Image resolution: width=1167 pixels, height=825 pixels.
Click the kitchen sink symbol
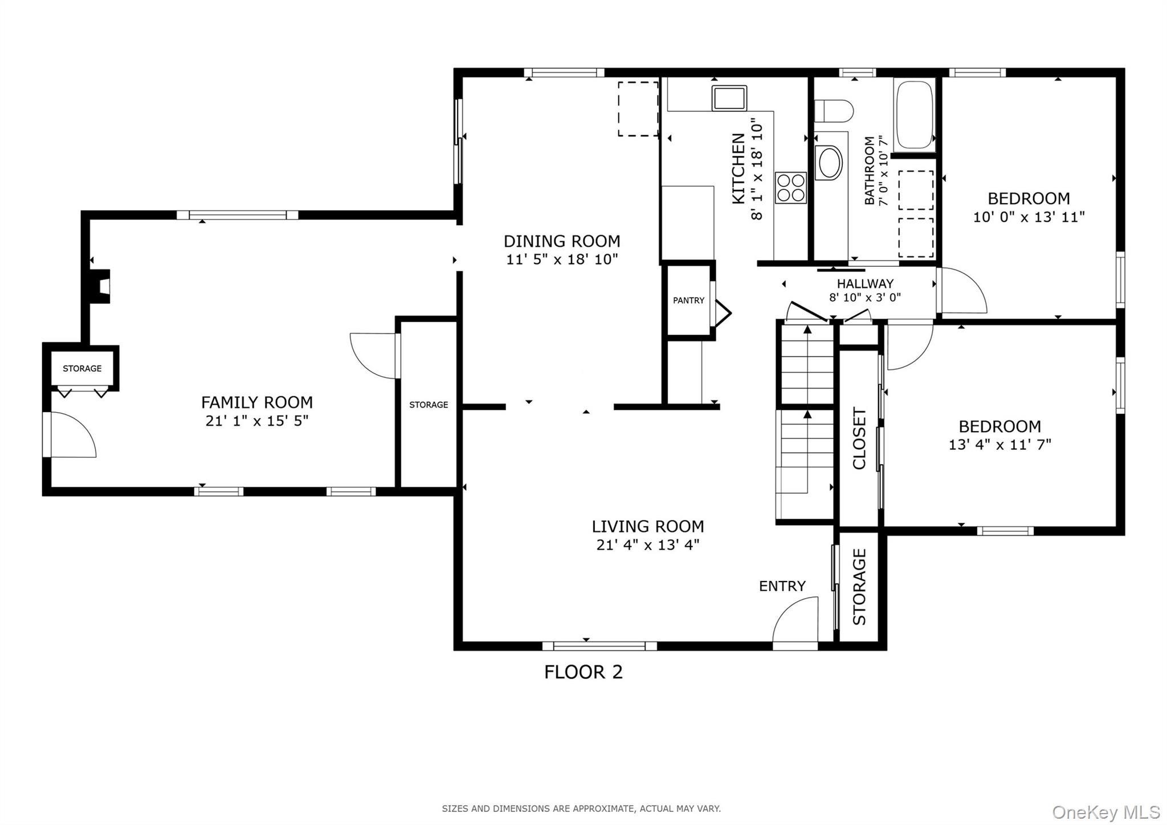point(729,98)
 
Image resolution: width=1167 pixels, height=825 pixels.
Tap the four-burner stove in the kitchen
point(791,188)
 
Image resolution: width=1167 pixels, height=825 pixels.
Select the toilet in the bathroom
point(833,111)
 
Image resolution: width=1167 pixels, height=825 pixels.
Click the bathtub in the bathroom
point(914,115)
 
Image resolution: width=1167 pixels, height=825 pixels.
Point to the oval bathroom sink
point(830,163)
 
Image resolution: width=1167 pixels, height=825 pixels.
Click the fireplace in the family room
point(98,286)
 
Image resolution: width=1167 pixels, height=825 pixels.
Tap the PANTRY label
point(688,300)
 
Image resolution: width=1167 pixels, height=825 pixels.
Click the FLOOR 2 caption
point(583,672)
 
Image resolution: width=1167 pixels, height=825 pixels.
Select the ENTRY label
point(782,586)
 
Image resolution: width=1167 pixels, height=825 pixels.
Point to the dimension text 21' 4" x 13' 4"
point(647,545)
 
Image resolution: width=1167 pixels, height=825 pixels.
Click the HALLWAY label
point(865,283)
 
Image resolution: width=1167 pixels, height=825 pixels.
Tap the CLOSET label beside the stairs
point(859,438)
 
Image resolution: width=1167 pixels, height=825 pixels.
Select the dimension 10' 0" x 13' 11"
point(1029,217)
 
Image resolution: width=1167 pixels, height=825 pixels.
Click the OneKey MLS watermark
point(1105,812)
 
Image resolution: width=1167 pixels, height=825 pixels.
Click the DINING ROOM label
point(561,241)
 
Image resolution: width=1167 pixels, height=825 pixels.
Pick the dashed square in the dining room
point(638,109)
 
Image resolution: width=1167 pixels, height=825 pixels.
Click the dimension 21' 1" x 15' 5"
point(256,421)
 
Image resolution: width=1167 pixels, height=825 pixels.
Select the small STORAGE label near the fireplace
point(82,369)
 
